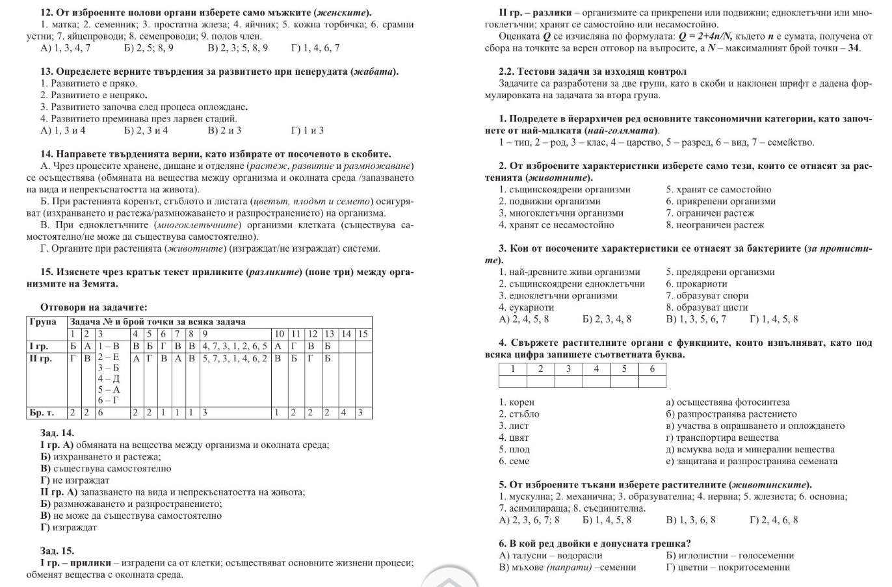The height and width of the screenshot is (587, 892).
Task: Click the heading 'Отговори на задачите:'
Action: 94,307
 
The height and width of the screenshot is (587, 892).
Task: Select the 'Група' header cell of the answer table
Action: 44,322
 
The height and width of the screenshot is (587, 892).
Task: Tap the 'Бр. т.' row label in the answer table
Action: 42,412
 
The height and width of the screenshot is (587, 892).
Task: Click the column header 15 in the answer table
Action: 363,334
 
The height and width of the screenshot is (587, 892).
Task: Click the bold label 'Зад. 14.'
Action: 57,433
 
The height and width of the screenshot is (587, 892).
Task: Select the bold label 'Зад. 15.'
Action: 57,551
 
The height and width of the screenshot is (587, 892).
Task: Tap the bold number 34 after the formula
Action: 854,48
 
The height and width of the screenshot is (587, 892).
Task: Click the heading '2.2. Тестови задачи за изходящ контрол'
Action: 592,72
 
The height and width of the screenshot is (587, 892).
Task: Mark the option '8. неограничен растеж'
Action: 715,225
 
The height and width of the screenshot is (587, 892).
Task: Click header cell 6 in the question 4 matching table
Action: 652,369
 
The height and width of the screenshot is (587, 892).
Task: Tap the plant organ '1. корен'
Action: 517,402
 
